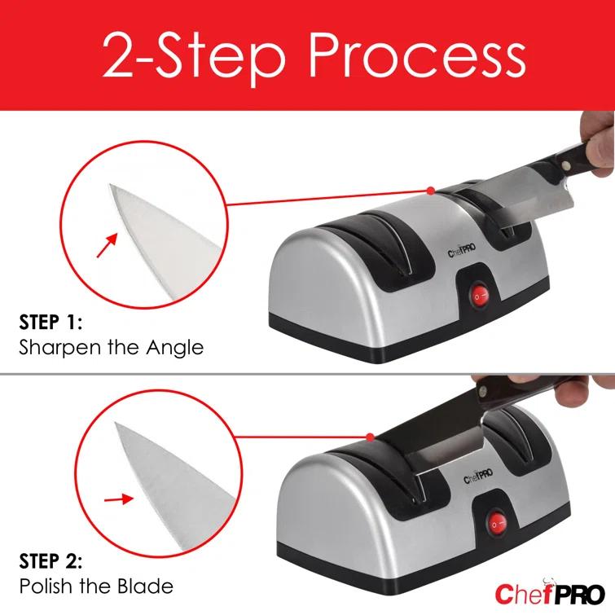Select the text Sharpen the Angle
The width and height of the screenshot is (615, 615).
[111, 348]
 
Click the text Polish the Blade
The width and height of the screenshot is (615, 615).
[95, 586]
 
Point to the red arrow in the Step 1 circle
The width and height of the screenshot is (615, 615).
[105, 245]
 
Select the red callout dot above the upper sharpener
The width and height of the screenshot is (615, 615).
[430, 191]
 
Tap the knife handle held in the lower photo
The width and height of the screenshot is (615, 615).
[521, 399]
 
